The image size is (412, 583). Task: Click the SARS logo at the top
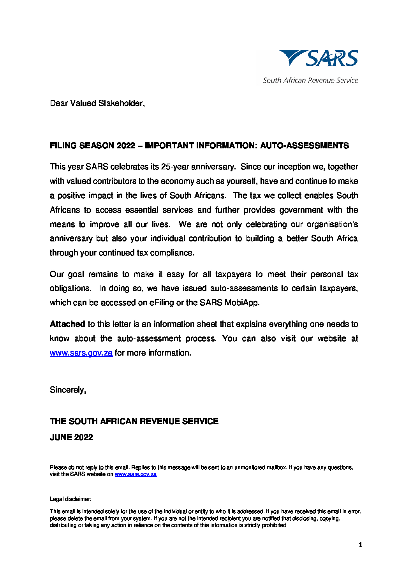click(318, 58)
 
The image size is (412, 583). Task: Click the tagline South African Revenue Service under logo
click(310, 81)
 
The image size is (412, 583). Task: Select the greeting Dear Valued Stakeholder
click(97, 103)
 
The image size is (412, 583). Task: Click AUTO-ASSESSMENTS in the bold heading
click(304, 146)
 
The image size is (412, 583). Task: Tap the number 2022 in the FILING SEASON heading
click(125, 146)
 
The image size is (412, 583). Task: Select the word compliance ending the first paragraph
click(172, 253)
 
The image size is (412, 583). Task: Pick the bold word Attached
click(67, 324)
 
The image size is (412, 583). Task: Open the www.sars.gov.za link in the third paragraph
click(81, 353)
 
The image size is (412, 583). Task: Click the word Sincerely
click(68, 390)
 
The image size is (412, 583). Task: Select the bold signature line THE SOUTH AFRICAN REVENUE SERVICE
click(134, 421)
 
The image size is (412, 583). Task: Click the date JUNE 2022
click(71, 437)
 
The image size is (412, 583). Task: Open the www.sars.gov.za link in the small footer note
click(136, 474)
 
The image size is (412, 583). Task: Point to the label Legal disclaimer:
click(70, 499)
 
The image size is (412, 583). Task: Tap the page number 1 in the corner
click(360, 545)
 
